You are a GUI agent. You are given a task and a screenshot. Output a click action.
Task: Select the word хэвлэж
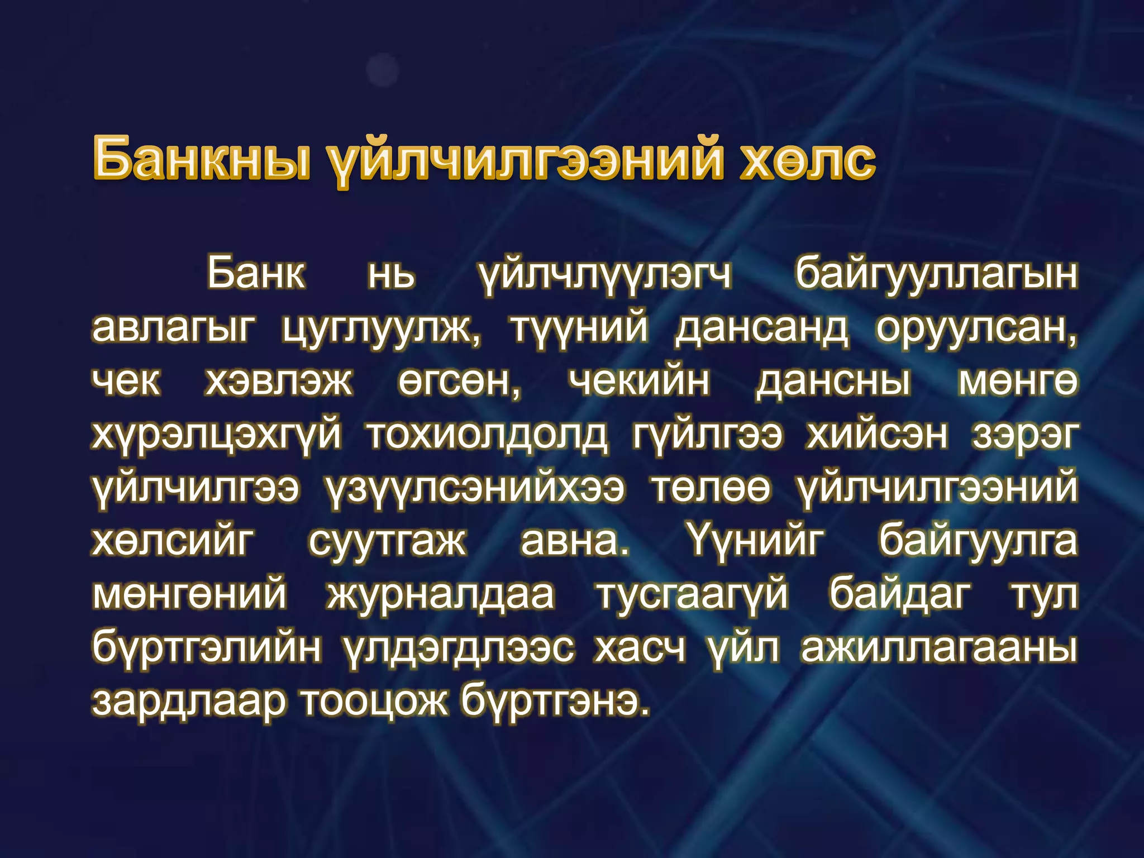[x=279, y=382]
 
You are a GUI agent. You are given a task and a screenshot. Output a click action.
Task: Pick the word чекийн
[x=639, y=382]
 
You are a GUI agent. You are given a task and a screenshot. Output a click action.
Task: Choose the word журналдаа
[x=441, y=594]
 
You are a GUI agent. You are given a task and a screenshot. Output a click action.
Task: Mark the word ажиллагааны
[x=938, y=648]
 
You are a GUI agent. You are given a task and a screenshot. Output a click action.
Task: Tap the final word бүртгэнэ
[x=555, y=702]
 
